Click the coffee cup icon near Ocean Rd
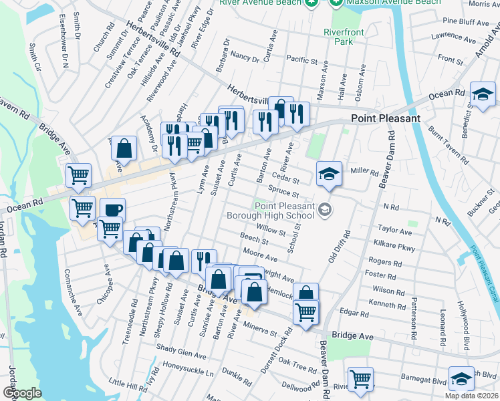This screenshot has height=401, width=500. pos(112,209)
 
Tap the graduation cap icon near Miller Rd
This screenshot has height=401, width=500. pos(329,173)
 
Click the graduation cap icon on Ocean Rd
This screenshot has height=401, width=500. pos(482,95)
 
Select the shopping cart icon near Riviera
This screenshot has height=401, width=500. pos(360,379)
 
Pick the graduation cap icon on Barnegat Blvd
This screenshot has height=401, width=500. pos(461,379)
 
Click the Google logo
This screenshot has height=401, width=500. pos(22,393)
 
